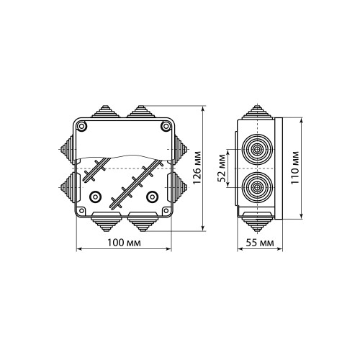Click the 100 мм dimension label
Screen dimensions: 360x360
pos(124,243)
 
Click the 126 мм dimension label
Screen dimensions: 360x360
pos(197,168)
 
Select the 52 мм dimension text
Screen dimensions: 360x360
pos(221,168)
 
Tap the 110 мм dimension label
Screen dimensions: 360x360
pos(295,168)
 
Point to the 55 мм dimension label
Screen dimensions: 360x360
pos(260,243)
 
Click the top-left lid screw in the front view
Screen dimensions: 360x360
pos(81,126)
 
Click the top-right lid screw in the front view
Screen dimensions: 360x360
pos(166,126)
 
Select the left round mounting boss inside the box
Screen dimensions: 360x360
pos(95,197)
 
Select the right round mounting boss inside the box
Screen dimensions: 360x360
pos(152,197)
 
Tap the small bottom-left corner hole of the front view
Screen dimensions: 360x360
pos(81,211)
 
